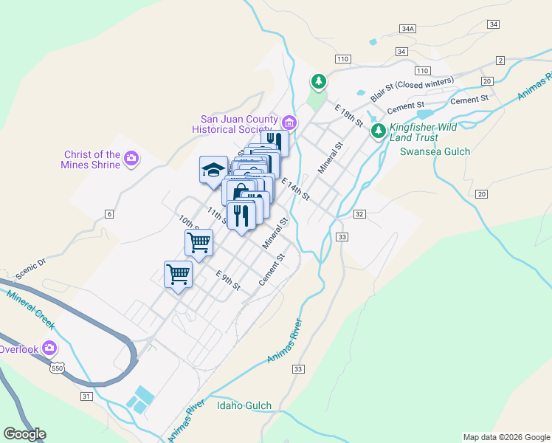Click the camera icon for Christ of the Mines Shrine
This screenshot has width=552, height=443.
[131, 157]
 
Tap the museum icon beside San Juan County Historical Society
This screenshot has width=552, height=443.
[289, 122]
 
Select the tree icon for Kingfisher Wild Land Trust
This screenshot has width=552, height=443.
[379, 131]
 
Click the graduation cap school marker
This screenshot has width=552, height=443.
[213, 169]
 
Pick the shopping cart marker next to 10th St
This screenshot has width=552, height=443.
[199, 241]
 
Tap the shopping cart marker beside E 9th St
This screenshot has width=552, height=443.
[178, 274]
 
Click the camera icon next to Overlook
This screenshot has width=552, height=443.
[49, 347]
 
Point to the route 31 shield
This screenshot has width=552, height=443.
[86, 397]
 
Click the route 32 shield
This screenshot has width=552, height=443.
[359, 213]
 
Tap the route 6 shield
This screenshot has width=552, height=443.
[109, 214]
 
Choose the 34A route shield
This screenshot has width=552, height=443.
[407, 28]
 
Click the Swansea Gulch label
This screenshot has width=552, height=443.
[435, 151]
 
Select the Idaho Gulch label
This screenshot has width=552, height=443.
[244, 405]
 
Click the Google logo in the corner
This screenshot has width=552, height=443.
[25, 433]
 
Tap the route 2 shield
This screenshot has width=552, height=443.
[500, 60]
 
